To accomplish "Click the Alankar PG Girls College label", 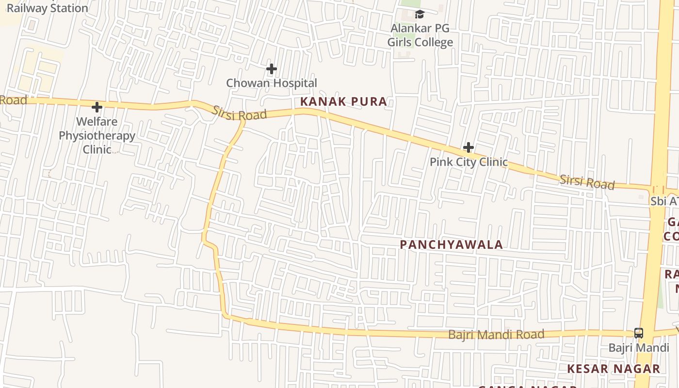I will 420,35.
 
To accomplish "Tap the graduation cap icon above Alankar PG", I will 420,15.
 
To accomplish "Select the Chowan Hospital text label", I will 272,83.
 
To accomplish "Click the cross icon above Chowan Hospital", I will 272,69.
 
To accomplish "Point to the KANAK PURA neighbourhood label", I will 344,101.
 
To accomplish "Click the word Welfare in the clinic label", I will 97,121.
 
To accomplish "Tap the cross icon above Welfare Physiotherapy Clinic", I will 97,107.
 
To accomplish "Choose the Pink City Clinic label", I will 469,162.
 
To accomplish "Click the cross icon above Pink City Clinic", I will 469,147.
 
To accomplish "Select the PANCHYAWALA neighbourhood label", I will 451,244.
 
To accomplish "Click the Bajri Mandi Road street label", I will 496,334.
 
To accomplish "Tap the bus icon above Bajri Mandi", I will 639,333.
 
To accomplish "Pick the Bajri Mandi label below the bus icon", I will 639,348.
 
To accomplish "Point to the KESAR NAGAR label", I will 614,369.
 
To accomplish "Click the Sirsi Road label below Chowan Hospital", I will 240,113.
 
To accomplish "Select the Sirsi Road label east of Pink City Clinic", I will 587,182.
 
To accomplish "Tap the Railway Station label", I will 47,8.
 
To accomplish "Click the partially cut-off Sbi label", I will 664,201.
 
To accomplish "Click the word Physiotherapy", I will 97,135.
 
